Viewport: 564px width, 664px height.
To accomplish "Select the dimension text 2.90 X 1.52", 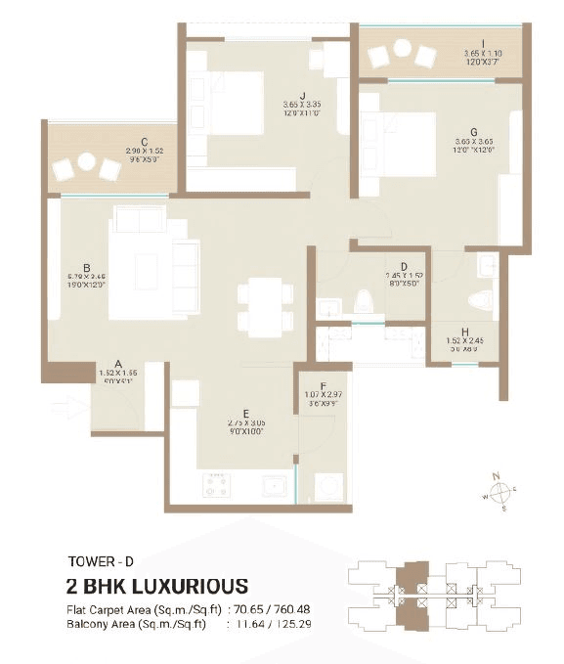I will point(144,152).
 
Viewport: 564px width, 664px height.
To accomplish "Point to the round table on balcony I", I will point(402,48).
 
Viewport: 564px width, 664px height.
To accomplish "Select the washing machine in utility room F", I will point(325,484).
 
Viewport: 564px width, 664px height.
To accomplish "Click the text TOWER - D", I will point(101,561).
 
